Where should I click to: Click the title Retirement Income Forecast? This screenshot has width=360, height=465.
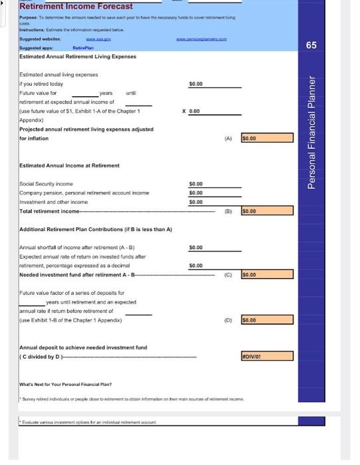coord(76,7)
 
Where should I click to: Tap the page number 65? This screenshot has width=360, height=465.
coord(330,45)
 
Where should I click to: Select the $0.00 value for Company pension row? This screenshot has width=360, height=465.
coord(196,193)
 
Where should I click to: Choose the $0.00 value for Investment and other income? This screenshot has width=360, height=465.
coord(196,201)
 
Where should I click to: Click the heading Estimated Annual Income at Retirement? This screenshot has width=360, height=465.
coord(69,165)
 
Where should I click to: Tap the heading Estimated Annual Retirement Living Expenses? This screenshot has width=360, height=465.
coord(78,56)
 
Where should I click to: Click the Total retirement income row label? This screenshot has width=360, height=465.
coord(49,211)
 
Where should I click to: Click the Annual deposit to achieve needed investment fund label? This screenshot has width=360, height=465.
coord(83,347)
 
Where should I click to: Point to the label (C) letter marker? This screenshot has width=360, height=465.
coord(228,274)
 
